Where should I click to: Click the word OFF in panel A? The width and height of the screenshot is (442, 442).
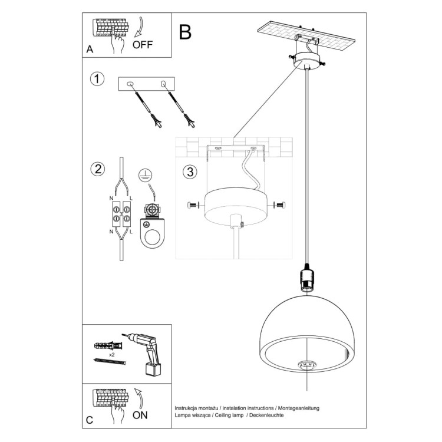(x=143, y=43)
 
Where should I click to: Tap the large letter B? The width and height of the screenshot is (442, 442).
(x=185, y=32)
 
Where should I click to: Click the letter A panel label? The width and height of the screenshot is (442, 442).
(x=90, y=50)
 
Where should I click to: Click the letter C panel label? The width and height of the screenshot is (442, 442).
(x=90, y=420)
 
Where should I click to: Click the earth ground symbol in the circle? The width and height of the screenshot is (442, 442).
(x=144, y=174)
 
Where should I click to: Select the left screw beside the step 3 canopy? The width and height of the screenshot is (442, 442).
(x=192, y=205)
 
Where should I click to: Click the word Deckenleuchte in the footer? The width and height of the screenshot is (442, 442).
(x=266, y=415)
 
